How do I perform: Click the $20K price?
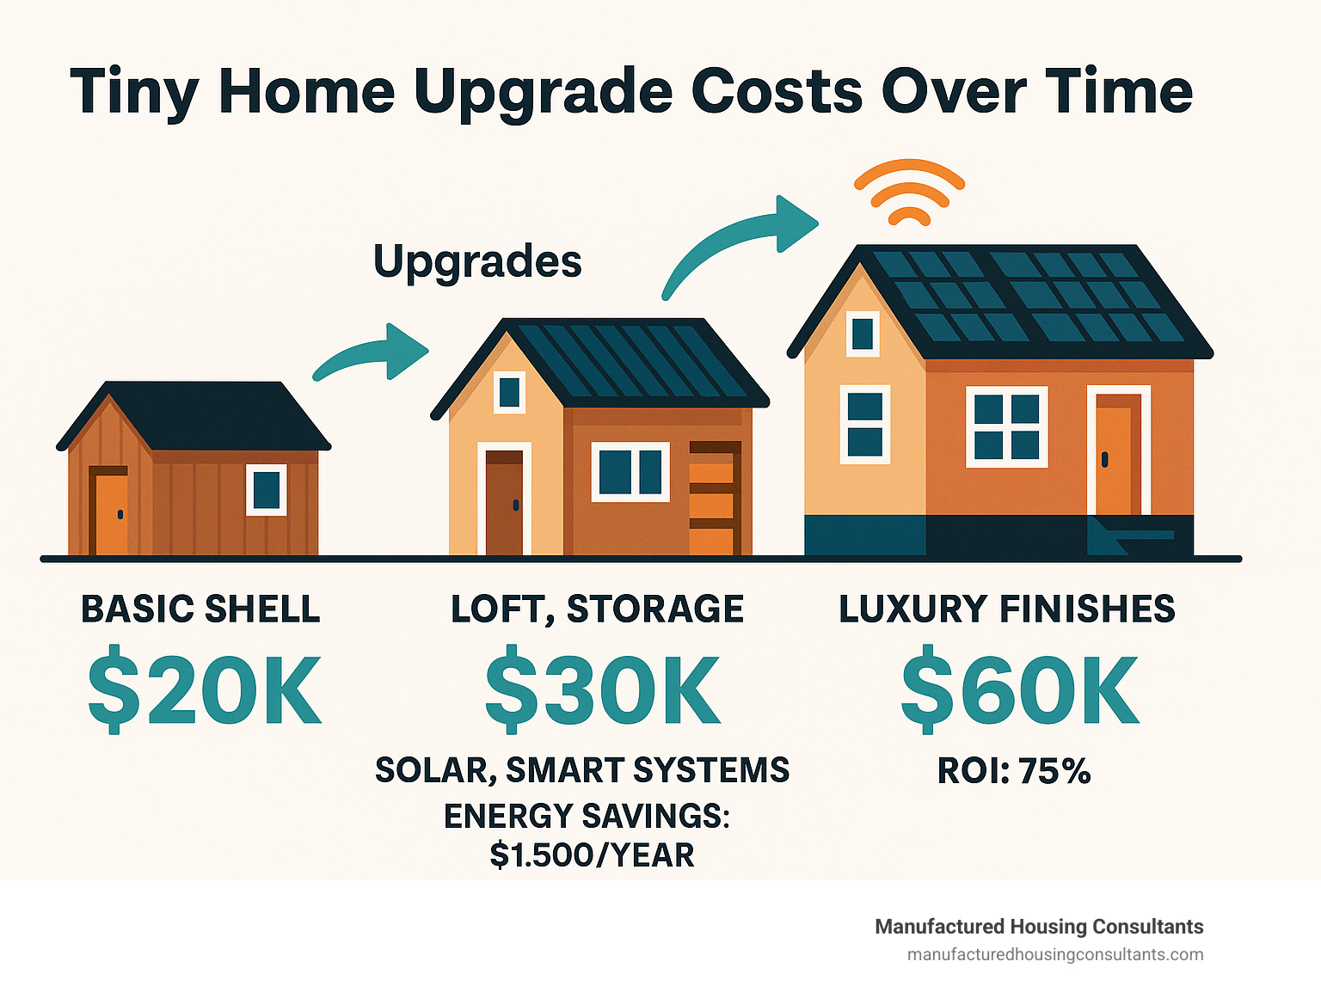click(x=205, y=689)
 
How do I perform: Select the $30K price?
click(x=602, y=689)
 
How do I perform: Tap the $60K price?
click(x=1019, y=689)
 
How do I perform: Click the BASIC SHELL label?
click(x=200, y=609)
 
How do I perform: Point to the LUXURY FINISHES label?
click(x=1007, y=609)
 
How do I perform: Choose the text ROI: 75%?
click(x=1014, y=770)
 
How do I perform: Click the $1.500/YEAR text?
click(x=593, y=854)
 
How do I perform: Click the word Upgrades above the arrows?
click(x=478, y=262)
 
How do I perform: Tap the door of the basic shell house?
click(x=109, y=510)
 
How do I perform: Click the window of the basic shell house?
click(x=266, y=490)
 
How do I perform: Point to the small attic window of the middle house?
click(x=509, y=392)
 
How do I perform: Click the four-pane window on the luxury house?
click(x=1007, y=426)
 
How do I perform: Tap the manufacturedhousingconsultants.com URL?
click(x=1055, y=955)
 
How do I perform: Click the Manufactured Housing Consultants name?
click(x=1040, y=927)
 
